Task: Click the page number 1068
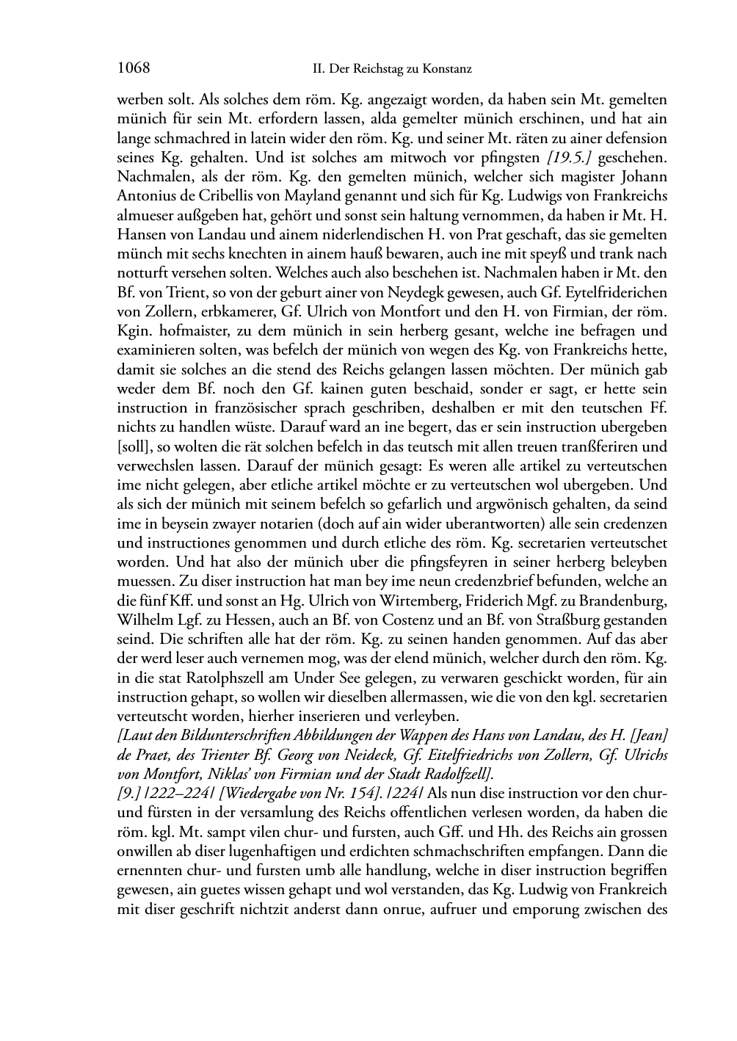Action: pyautogui.click(x=134, y=69)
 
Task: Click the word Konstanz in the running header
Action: pyautogui.click(x=443, y=70)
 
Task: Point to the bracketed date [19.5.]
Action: pyautogui.click(x=538, y=157)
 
